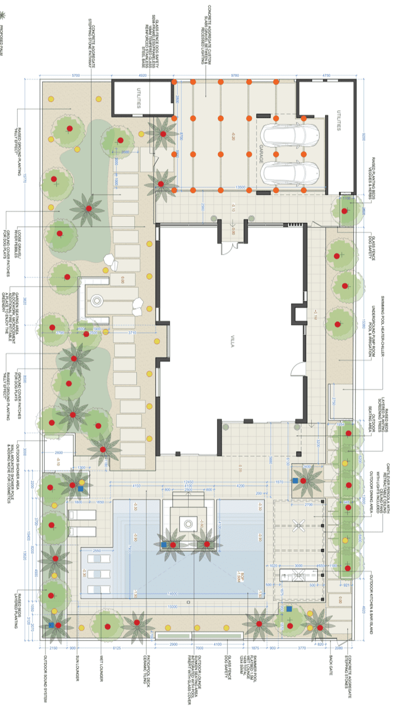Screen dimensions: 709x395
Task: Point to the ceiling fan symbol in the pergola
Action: [x=299, y=526]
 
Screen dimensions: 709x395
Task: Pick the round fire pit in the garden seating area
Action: [x=97, y=301]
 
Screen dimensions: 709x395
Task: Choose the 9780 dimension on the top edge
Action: [x=235, y=75]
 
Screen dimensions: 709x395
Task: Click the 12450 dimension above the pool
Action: [x=189, y=482]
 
